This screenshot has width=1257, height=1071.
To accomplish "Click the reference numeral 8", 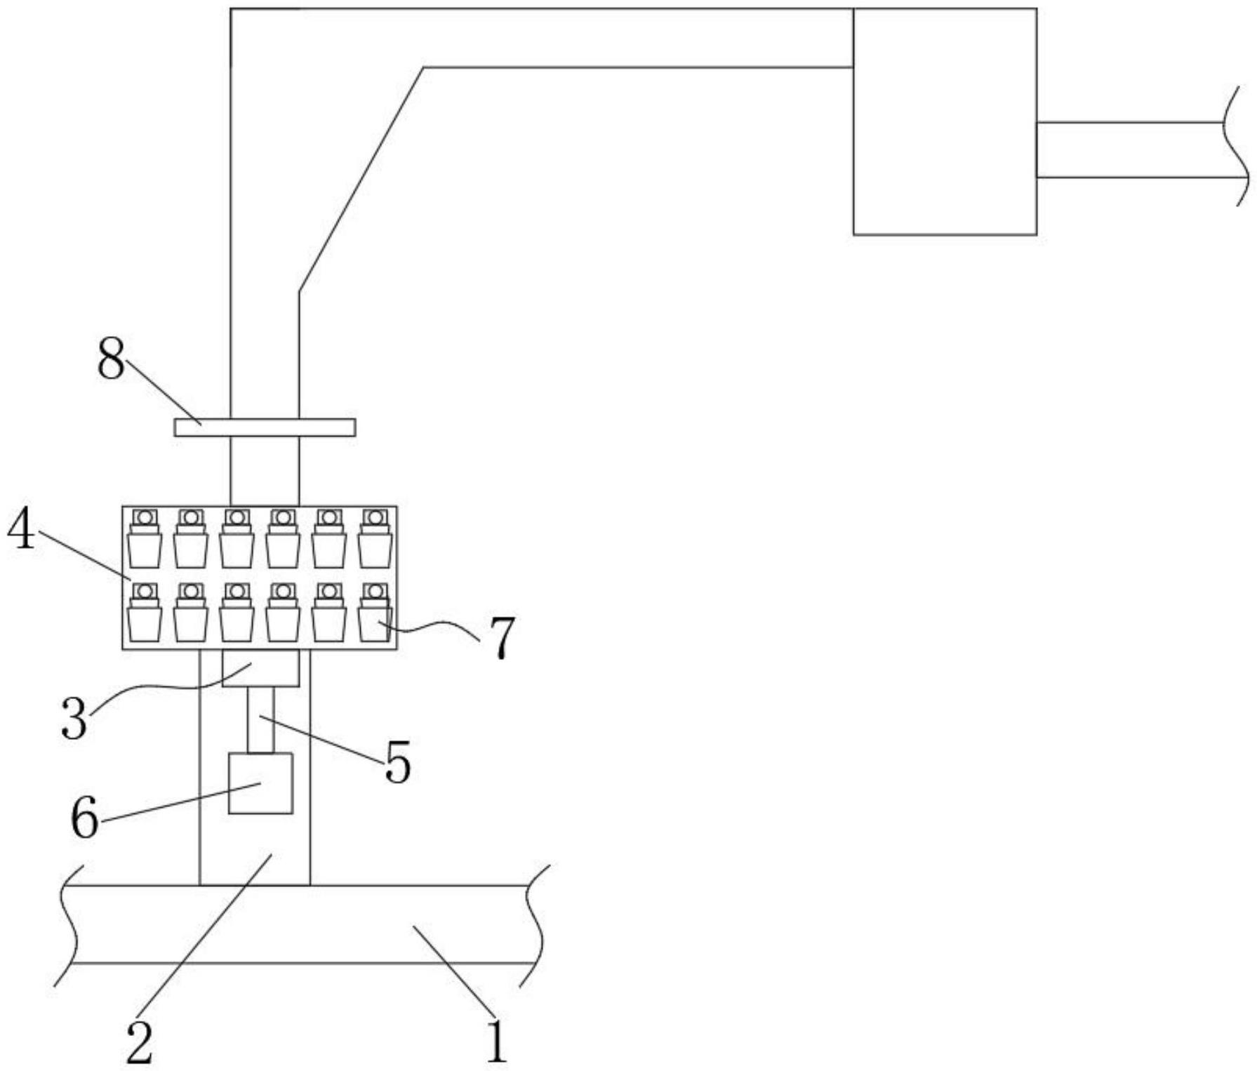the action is (111, 359).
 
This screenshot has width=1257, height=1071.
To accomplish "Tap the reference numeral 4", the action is (21, 530).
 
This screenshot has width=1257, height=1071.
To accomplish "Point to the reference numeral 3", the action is (74, 719).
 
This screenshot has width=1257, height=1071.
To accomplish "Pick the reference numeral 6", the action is (85, 818).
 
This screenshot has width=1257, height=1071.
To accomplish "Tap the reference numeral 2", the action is (138, 1042).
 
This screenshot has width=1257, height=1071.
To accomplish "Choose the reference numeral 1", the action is (496, 1042).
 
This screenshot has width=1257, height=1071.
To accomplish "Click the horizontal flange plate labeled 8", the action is (265, 427).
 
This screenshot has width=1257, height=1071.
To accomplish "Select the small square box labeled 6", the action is (260, 783).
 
